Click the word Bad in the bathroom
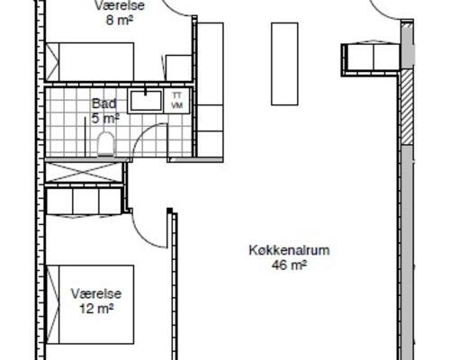pyautogui.click(x=102, y=103)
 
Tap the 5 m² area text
pyautogui.click(x=105, y=117)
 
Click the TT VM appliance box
pyautogui.click(x=176, y=100)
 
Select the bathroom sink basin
pyautogui.click(x=144, y=100)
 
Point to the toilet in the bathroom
pyautogui.click(x=105, y=142)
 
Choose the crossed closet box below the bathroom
pyautogui.click(x=84, y=171)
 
